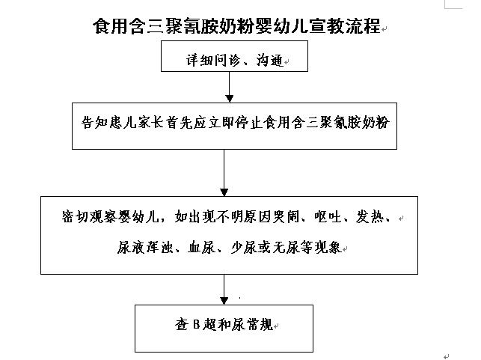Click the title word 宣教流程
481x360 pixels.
tap(345, 25)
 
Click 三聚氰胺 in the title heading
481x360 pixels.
tap(182, 25)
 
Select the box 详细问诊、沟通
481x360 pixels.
tap(234, 56)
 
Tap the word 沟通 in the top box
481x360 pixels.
tap(269, 60)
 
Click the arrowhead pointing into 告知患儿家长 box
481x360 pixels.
tap(230, 99)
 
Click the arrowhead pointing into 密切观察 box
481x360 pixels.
tap(224, 192)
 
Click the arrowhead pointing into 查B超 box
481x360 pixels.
tap(224, 301)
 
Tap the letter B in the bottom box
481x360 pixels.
tap(196, 324)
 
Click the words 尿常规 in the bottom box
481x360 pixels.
tap(252, 325)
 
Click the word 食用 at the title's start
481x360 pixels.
tap(111, 25)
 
